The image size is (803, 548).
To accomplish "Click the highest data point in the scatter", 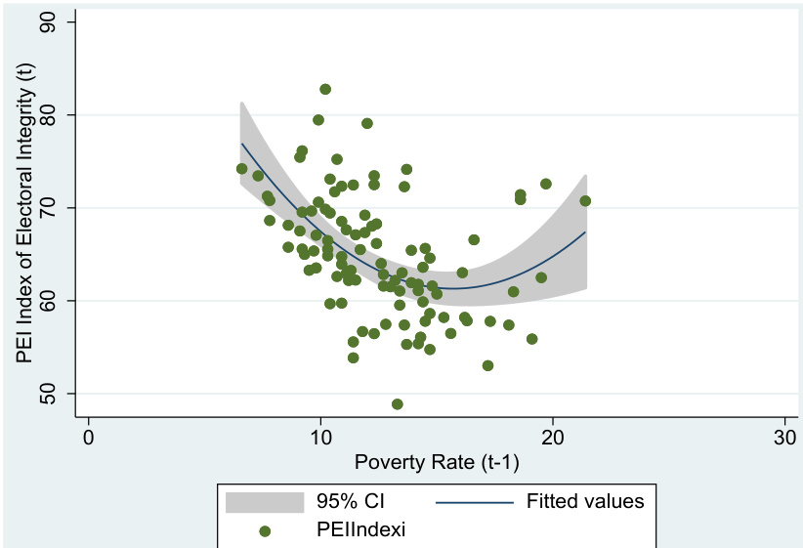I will tap(325, 89).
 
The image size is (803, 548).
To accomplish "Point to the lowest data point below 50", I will tap(398, 404).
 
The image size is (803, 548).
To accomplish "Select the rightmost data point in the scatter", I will tap(585, 201).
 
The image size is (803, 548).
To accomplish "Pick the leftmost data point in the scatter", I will tap(242, 169).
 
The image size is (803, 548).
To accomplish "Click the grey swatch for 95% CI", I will tap(264, 502).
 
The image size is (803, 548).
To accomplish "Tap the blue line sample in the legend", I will tap(474, 502).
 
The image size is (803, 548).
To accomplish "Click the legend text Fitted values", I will tap(585, 502).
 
